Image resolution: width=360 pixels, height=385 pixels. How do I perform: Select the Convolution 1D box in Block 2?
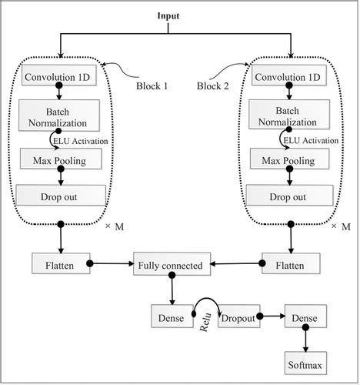pos(290,78)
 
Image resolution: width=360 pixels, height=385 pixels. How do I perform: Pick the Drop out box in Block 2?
pos(291,196)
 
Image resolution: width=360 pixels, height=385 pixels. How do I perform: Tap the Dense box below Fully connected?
pos(171,316)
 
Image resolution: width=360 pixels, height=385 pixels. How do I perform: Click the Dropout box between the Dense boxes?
pos(238,316)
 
